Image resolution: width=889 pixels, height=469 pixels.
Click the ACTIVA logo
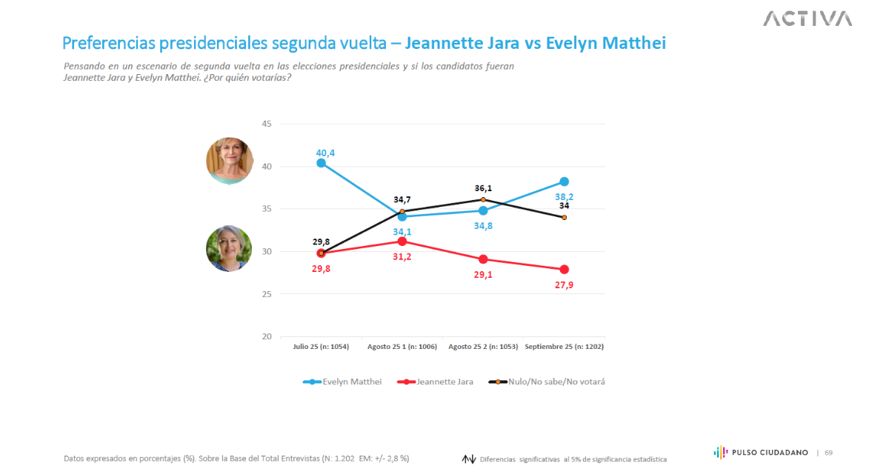[x=808, y=18]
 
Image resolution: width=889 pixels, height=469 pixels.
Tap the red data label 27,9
[x=565, y=285]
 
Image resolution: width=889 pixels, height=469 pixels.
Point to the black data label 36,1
[x=484, y=188]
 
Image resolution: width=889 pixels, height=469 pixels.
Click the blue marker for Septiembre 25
[x=565, y=182]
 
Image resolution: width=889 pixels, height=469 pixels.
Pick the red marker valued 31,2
[x=402, y=241]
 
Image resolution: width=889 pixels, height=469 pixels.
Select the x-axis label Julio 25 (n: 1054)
[x=321, y=347]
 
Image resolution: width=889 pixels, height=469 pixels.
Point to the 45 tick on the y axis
[x=267, y=124]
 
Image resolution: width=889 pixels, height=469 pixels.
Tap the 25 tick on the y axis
[x=267, y=294]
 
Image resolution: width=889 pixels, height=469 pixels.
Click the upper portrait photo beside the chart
[x=230, y=161]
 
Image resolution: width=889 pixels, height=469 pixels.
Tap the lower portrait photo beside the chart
[x=229, y=248]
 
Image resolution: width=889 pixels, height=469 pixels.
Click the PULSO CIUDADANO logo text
[x=770, y=452]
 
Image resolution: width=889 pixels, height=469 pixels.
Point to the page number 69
[x=828, y=452]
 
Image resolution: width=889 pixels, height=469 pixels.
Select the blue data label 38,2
[x=565, y=196]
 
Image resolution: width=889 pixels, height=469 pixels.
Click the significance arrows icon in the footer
[x=468, y=459]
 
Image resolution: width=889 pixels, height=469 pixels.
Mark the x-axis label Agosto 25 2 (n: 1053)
[x=483, y=347]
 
